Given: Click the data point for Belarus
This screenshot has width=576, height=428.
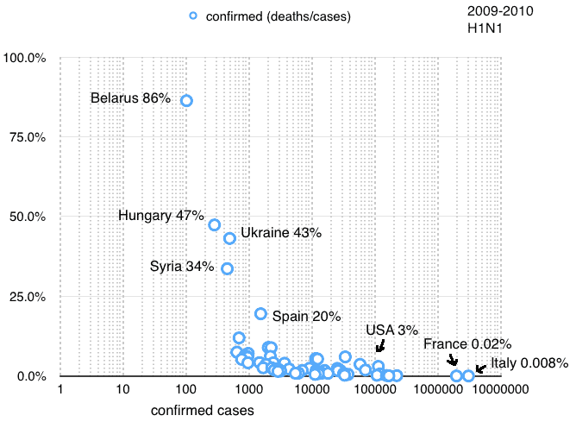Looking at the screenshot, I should [186, 100].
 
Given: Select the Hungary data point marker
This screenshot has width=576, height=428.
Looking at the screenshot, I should [214, 224].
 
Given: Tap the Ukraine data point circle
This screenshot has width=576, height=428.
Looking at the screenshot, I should [229, 238].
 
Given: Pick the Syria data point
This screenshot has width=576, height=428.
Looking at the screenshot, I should [227, 268].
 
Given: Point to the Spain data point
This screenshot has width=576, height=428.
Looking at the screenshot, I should [260, 313].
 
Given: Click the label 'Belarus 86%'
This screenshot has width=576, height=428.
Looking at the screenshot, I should [130, 98].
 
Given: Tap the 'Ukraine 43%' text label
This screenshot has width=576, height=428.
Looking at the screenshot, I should [281, 233].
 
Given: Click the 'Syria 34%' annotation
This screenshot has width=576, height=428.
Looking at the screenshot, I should [182, 266].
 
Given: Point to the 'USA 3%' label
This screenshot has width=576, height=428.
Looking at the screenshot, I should [391, 330].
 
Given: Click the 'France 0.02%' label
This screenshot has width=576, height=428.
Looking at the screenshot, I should [467, 344].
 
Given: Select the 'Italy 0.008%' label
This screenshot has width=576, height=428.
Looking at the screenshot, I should [529, 363].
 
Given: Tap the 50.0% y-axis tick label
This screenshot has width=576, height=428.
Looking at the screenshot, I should [31, 217].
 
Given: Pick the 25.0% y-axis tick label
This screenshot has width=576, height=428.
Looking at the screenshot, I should [31, 297].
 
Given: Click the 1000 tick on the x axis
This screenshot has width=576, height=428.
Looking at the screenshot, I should [248, 391].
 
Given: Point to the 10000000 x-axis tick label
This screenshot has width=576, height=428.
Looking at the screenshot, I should [500, 391].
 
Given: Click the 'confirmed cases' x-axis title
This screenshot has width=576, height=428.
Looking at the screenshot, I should [203, 411].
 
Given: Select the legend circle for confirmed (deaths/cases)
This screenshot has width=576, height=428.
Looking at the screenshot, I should [193, 16].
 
